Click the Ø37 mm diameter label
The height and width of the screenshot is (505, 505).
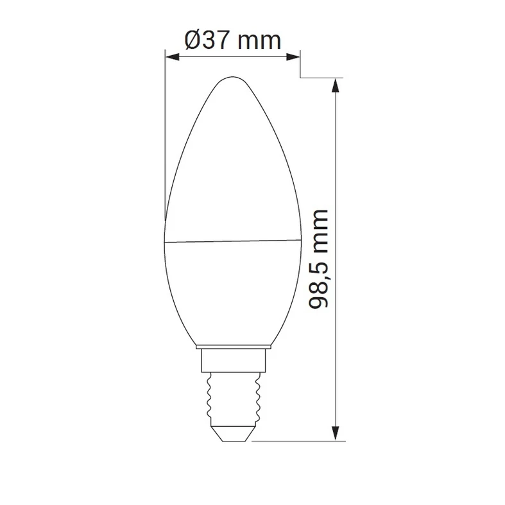(232, 40)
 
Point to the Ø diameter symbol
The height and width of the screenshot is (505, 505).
(194, 40)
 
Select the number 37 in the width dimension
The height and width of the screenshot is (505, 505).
(219, 40)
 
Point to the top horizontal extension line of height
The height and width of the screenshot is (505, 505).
(321, 78)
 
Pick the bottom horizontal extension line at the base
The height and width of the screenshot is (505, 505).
(295, 441)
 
